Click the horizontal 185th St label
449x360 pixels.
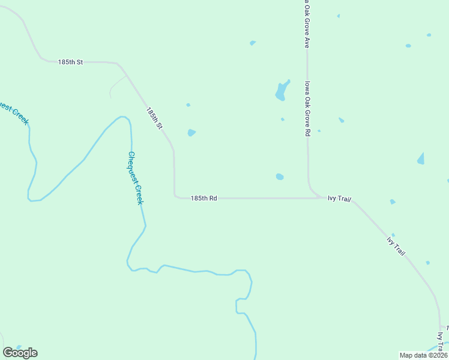pos(70,62)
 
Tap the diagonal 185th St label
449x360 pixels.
pos(154,118)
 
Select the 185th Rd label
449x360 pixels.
pos(203,197)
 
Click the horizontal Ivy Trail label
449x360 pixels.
pos(339,198)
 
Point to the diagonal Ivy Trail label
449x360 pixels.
pos(396,246)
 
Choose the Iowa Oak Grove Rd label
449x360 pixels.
pos(307,109)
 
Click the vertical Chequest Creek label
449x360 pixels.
pos(135,178)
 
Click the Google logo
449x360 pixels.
pos(20,352)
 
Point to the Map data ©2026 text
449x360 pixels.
pos(423,355)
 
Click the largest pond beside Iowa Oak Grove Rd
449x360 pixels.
pos(281,91)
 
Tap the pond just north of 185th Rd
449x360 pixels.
pos(279,176)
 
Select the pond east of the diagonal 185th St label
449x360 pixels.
pos(191,133)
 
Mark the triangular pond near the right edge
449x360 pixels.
pos(421,159)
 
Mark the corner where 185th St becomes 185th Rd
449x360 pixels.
pos(175,194)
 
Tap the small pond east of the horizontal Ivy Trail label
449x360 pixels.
pos(392,202)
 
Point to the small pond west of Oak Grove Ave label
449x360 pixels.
pos(253,43)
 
